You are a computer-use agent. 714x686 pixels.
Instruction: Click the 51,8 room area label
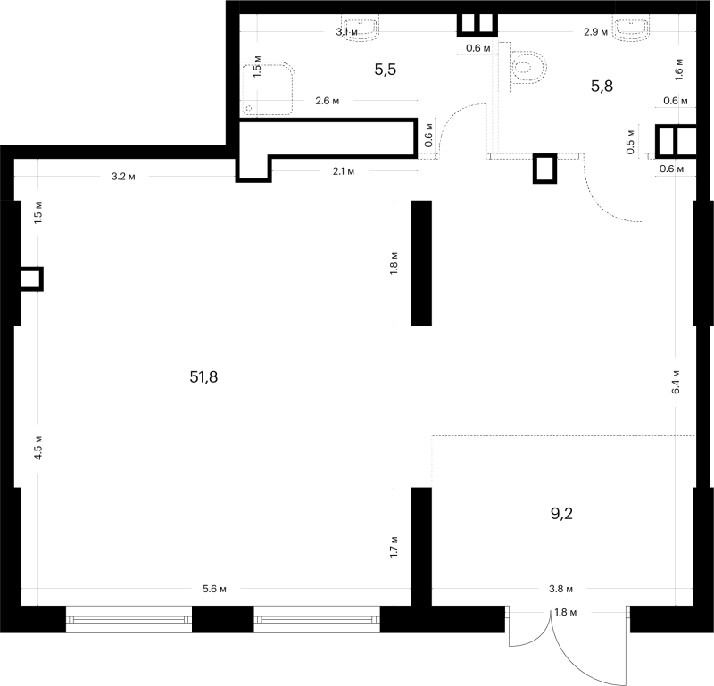pyautogui.click(x=203, y=377)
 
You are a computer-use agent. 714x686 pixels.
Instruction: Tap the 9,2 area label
pyautogui.click(x=561, y=514)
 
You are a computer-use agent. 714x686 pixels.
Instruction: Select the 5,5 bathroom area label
pyautogui.click(x=386, y=70)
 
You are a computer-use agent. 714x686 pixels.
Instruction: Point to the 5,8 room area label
pyautogui.click(x=602, y=86)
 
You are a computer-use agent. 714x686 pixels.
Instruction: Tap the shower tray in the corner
pyautogui.click(x=267, y=89)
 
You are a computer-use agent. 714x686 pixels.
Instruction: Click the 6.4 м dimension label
pyautogui.click(x=676, y=382)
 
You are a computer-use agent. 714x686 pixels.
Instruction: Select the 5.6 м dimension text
pyautogui.click(x=214, y=589)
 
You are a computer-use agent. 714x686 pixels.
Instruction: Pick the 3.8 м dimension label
pyautogui.click(x=560, y=589)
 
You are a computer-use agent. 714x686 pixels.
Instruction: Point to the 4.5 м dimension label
pyautogui.click(x=38, y=448)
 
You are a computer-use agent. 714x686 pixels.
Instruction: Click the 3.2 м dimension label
pyautogui.click(x=123, y=177)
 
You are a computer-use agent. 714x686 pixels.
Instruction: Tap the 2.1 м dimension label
pyautogui.click(x=344, y=171)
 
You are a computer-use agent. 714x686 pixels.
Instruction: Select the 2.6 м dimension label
pyautogui.click(x=328, y=101)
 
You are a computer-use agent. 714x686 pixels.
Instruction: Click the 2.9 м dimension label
pyautogui.click(x=595, y=32)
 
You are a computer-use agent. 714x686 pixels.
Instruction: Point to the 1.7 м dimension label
pyautogui.click(x=394, y=547)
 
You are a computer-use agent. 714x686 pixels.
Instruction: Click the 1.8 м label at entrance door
pyautogui.click(x=566, y=613)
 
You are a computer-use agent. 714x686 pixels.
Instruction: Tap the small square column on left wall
pyautogui.click(x=32, y=278)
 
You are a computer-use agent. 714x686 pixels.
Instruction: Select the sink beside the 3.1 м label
pyautogui.click(x=361, y=29)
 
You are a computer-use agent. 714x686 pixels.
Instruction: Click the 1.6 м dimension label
pyautogui.click(x=679, y=70)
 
